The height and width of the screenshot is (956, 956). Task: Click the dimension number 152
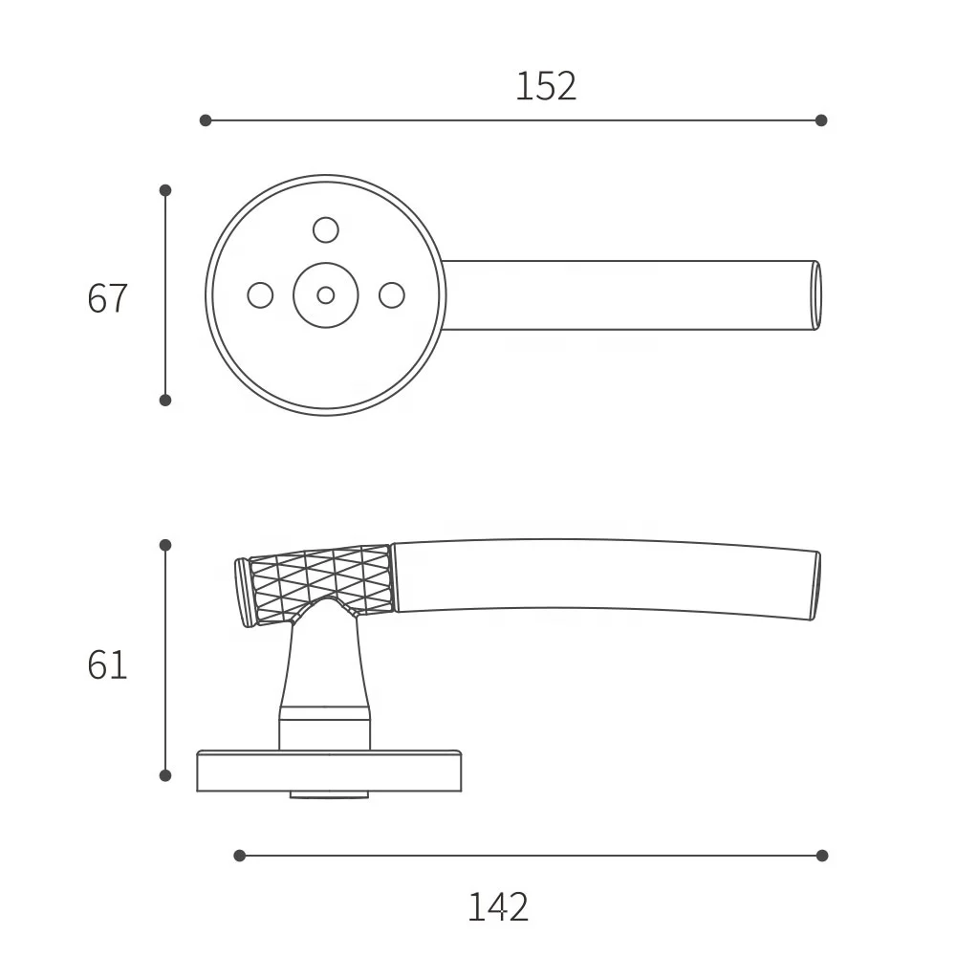546,87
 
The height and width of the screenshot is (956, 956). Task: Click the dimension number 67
106,299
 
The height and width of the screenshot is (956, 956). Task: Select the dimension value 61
106,664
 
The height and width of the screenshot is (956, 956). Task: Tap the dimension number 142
497,906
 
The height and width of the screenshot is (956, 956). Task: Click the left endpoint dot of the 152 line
206,120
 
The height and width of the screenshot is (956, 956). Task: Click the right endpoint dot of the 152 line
821,120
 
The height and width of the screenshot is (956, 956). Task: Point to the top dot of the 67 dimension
165,190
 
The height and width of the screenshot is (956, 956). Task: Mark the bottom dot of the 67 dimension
165,400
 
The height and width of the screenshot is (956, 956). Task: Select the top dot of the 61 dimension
165,545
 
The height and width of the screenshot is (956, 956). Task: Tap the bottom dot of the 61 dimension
165,775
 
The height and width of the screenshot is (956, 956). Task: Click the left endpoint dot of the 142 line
240,856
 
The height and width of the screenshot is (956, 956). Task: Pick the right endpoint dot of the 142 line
821,856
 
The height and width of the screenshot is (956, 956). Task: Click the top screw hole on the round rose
326,229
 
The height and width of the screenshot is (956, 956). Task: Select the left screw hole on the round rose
260,295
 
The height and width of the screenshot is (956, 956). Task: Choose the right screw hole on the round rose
392,295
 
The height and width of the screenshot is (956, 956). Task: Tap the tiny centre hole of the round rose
326,295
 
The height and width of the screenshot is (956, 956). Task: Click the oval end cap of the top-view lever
816,295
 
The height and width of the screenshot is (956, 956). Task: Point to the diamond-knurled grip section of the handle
320,579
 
